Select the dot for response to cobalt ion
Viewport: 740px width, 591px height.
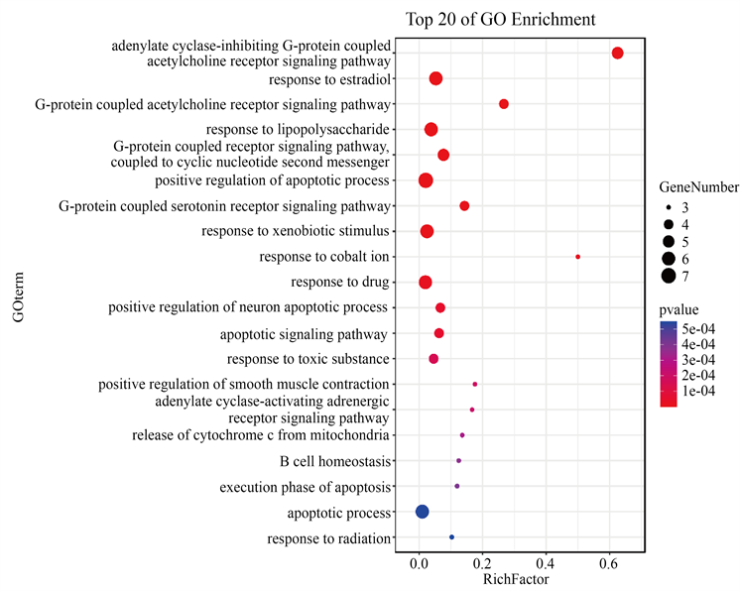(578, 257)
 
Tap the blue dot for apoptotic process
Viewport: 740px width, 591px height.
(422, 512)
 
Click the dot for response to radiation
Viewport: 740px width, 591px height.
(452, 536)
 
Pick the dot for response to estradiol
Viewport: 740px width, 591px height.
(435, 78)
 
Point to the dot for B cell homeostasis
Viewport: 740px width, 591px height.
(459, 460)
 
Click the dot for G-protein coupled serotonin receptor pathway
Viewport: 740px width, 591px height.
(464, 205)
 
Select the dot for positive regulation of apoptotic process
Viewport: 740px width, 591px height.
(426, 180)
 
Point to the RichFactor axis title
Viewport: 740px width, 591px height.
(516, 579)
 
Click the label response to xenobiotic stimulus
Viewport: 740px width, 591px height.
(296, 231)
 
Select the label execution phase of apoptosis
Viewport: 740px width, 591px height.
(306, 486)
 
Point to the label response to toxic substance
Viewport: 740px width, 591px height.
(308, 359)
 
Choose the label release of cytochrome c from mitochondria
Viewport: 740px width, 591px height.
(261, 435)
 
